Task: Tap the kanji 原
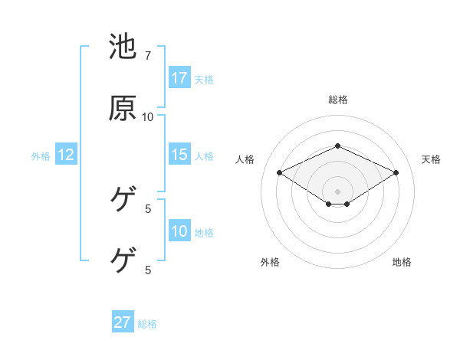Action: click(123, 108)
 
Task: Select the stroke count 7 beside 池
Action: click(148, 56)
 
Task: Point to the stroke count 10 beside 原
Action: click(148, 116)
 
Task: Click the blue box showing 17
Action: click(179, 78)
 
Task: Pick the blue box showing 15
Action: click(179, 155)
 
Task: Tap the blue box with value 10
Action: click(179, 231)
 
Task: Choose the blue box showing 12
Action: click(66, 155)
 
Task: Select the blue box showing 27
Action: click(123, 322)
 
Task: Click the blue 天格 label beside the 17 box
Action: click(204, 79)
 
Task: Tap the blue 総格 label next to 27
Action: click(147, 323)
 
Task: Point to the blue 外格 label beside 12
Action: click(41, 155)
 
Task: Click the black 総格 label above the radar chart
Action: click(337, 100)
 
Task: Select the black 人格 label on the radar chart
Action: click(245, 159)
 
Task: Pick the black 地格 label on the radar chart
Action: click(402, 262)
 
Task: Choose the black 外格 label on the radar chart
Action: click(270, 262)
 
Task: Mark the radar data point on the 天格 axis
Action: click(396, 172)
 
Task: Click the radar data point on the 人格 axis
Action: click(279, 172)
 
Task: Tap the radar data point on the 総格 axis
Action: click(337, 146)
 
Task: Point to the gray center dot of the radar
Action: click(337, 191)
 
